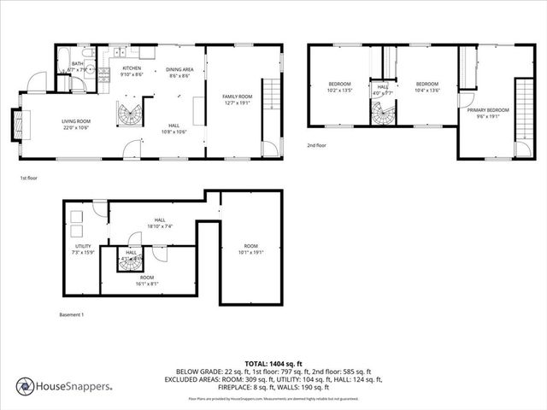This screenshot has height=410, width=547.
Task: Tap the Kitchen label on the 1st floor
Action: [132, 68]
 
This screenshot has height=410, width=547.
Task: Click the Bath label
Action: [78, 63]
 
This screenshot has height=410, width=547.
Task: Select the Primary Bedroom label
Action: [488, 110]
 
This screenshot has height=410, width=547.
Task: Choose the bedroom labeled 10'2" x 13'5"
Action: [340, 84]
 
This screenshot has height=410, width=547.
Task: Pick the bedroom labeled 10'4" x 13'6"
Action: [426, 84]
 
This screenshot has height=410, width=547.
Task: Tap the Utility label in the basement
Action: [83, 246]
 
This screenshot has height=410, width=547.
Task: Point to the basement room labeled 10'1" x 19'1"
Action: [250, 246]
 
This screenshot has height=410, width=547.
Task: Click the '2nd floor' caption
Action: [317, 146]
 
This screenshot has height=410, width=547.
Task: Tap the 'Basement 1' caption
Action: [71, 315]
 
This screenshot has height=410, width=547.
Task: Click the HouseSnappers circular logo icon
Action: [26, 387]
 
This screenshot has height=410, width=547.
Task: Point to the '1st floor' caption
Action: [29, 179]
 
